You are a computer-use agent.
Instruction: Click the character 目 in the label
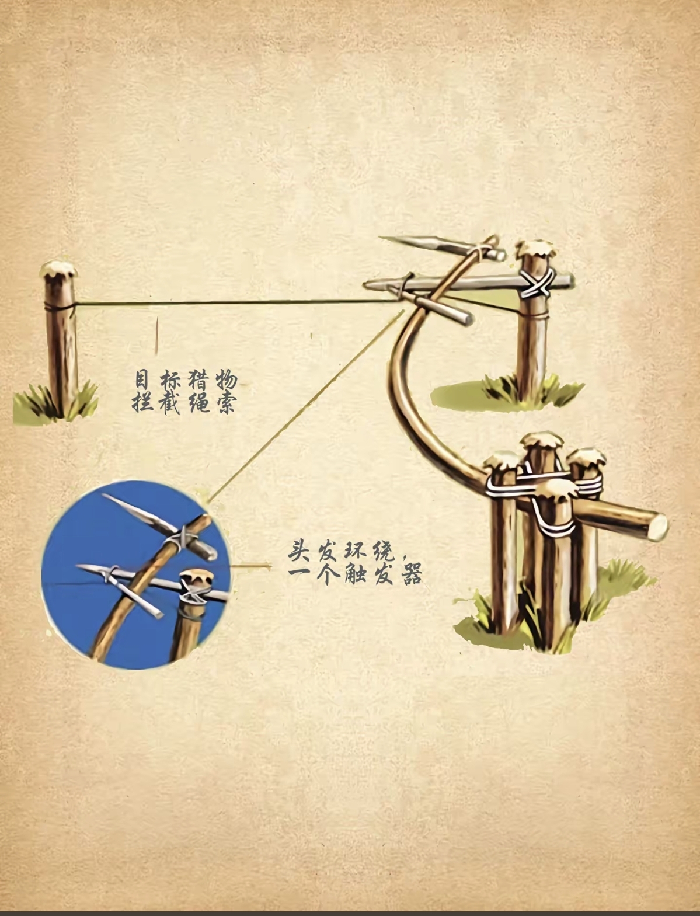click(142, 381)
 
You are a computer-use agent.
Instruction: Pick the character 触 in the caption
click(356, 574)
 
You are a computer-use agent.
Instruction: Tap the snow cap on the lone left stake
click(58, 270)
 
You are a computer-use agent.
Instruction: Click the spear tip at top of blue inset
click(105, 496)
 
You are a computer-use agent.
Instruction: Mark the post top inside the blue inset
click(197, 578)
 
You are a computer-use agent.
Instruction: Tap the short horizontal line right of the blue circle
click(250, 566)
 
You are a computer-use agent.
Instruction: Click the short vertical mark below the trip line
click(157, 336)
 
